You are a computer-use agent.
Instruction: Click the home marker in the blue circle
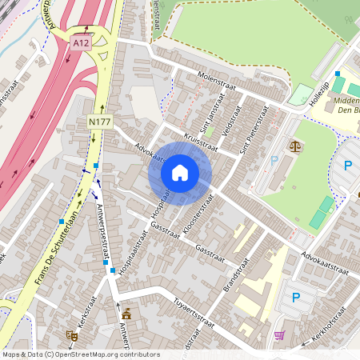click(180, 172)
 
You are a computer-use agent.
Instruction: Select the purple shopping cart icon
click(279, 335)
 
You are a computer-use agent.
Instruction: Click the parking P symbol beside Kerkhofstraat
click(295, 298)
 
